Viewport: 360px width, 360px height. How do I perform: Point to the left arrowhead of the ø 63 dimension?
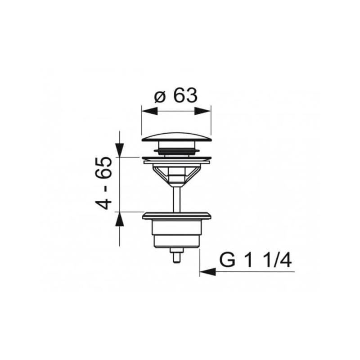pos(145,109)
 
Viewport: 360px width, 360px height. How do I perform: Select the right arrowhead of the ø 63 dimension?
pos(207,109)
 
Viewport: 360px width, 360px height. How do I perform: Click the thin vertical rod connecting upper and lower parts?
pos(176,198)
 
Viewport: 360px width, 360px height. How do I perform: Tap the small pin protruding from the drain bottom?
pos(176,257)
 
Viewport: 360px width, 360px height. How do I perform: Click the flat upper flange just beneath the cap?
pos(176,158)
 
